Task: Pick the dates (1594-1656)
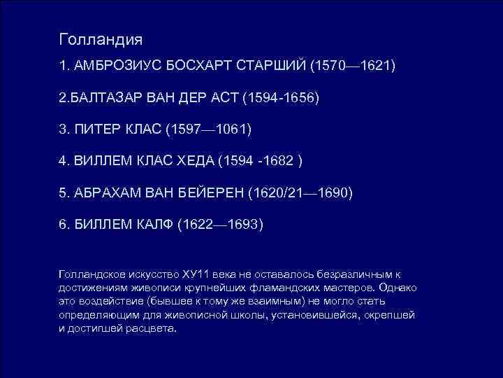(281, 97)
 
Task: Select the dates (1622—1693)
(220, 225)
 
